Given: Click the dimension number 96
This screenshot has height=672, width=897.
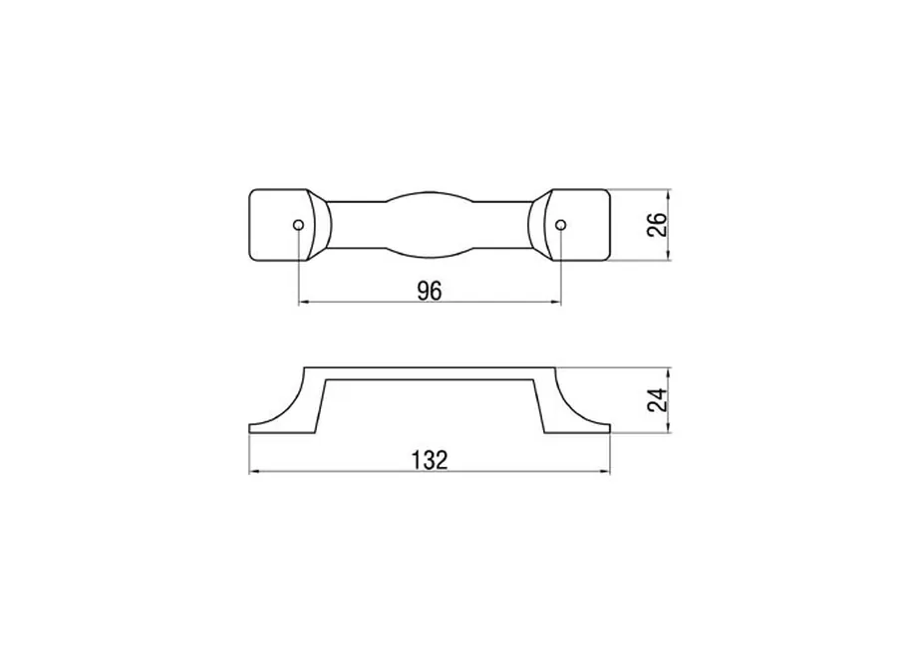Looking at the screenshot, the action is (x=429, y=291).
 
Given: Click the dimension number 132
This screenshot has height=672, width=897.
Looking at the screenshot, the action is (x=429, y=460).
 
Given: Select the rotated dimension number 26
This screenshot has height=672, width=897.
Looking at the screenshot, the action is (x=658, y=225).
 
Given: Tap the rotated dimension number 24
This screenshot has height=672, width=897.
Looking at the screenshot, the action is (x=658, y=399).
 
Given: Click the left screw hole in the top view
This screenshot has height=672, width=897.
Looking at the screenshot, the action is (x=298, y=225).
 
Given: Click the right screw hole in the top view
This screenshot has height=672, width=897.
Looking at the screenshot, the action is (x=561, y=225).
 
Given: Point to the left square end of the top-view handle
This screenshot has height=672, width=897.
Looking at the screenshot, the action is (x=279, y=225).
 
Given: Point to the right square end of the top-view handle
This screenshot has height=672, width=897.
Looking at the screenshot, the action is (x=579, y=225).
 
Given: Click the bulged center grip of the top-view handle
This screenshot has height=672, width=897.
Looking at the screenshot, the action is (x=429, y=225).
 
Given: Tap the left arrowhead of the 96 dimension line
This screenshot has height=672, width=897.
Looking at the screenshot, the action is (x=304, y=302).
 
